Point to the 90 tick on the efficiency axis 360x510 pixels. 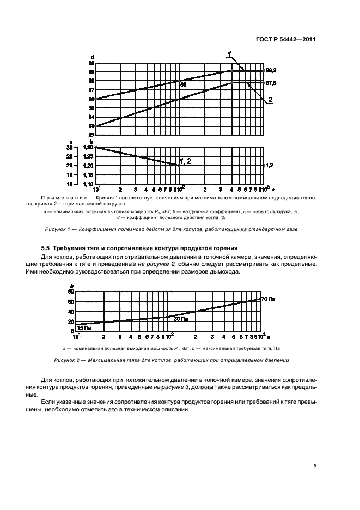[91, 63]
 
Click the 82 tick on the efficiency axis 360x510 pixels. [91, 135]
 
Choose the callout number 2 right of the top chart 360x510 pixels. [269, 100]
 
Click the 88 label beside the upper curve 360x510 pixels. [184, 85]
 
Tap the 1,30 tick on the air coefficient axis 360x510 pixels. [88, 147]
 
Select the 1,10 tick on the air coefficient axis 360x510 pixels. [88, 184]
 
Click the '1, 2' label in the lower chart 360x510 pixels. [185, 161]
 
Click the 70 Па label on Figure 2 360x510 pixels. [269, 299]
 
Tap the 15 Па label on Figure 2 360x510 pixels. [80, 329]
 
